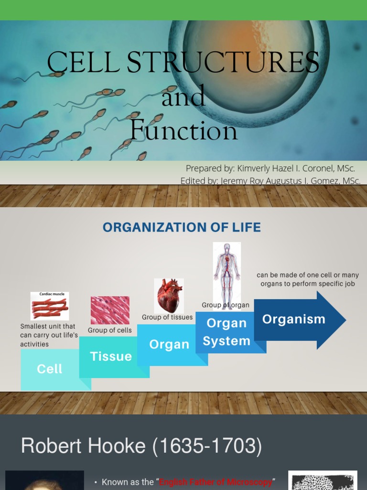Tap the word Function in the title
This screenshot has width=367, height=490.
point(183,130)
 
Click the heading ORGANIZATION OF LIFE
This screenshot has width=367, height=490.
point(182,227)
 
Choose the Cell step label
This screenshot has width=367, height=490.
point(50,369)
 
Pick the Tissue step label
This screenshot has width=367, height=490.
point(111,356)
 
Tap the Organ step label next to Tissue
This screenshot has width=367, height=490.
point(169,345)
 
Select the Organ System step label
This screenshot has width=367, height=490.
point(227,332)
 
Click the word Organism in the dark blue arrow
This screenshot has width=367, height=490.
point(293,319)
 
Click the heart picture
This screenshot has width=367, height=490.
point(169,296)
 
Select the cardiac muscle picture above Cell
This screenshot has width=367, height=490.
point(50,306)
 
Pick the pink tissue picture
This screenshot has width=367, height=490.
point(110,310)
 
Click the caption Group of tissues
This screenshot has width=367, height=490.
point(167,317)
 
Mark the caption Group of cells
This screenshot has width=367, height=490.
point(110,330)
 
